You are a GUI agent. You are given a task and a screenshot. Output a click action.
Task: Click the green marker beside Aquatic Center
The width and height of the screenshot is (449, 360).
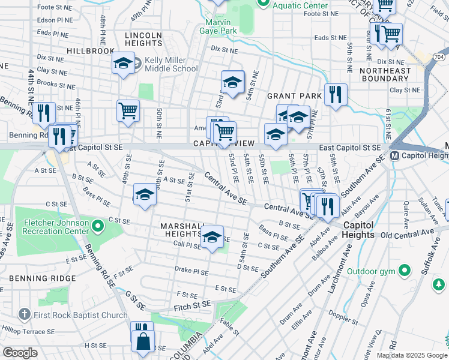click(x=262, y=4)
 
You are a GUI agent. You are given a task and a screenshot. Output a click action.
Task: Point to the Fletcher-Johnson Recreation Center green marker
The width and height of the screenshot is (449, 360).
click(x=98, y=227)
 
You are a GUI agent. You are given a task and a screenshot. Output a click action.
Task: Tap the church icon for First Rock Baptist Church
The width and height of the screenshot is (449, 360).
click(x=23, y=314)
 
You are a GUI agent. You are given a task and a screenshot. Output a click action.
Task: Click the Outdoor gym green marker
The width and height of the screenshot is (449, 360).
click(x=406, y=271)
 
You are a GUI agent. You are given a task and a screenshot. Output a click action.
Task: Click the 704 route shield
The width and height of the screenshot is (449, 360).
click(x=439, y=56)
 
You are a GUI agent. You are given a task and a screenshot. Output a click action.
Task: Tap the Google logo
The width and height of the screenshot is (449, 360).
click(x=20, y=353)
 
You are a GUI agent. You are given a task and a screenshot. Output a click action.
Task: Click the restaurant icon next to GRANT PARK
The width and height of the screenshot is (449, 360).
click(x=335, y=94)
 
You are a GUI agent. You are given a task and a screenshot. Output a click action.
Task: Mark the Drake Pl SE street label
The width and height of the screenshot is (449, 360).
click(x=191, y=269)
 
